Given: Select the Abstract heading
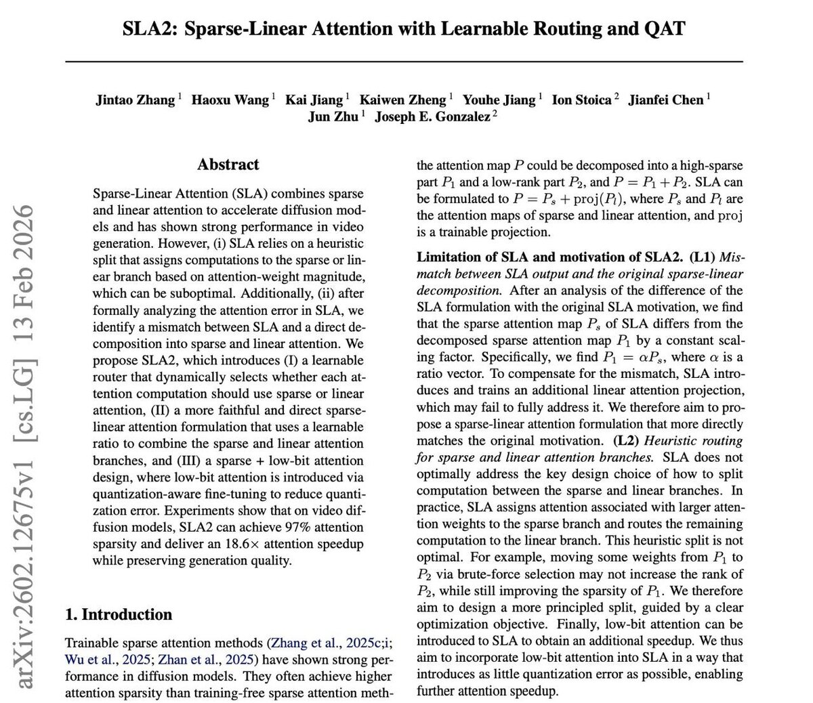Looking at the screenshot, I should tap(228, 165).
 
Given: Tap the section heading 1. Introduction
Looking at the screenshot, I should tap(118, 614).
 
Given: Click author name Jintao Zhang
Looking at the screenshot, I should tap(135, 100).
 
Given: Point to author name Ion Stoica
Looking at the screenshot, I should tap(582, 100).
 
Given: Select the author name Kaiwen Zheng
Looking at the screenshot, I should tap(403, 100).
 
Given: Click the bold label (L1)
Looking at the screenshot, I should tap(703, 258).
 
